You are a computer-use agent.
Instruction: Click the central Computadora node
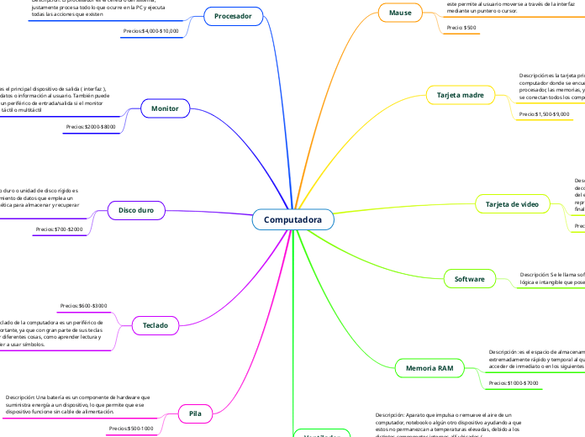pyautogui.click(x=292, y=220)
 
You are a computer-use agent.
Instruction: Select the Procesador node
pyautogui.click(x=233, y=16)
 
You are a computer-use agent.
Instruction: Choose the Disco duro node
pyautogui.click(x=134, y=209)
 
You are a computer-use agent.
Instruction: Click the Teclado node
pyautogui.click(x=155, y=324)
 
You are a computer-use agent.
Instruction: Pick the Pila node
pyautogui.click(x=195, y=413)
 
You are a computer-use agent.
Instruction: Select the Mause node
pyautogui.click(x=400, y=13)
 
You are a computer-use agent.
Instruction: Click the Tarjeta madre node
pyautogui.click(x=460, y=96)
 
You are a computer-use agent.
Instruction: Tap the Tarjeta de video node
pyautogui.click(x=512, y=204)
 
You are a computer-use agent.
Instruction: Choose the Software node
pyautogui.click(x=469, y=278)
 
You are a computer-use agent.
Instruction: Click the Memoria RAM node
pyautogui.click(x=430, y=368)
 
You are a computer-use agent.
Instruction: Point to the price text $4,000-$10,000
pyautogui.click(x=151, y=31)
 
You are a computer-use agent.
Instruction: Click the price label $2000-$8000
pyautogui.click(x=91, y=127)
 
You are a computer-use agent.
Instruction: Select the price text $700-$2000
pyautogui.click(x=59, y=229)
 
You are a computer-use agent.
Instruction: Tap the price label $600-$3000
pyautogui.click(x=84, y=305)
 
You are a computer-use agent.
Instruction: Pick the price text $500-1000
pyautogui.click(x=131, y=429)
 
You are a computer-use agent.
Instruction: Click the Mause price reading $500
pyautogui.click(x=461, y=28)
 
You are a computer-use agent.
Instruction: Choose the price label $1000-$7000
pyautogui.click(x=514, y=383)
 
